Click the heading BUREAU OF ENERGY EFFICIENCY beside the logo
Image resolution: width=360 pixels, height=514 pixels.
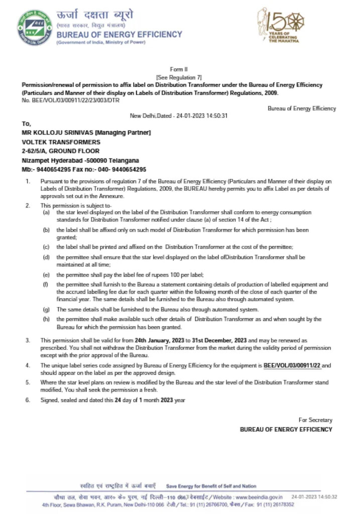point(119,35)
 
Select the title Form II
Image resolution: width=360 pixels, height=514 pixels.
point(179,69)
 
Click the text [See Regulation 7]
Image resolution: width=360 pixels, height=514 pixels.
point(179,77)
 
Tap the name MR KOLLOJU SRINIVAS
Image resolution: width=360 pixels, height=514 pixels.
point(58,133)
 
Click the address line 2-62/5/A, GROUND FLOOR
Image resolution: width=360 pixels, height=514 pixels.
point(60,151)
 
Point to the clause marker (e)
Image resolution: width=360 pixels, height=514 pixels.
point(46,275)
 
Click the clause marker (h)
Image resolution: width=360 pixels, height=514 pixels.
point(46,319)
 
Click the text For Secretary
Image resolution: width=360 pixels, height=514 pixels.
point(315,420)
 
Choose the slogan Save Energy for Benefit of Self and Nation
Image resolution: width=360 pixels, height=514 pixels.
point(211,486)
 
